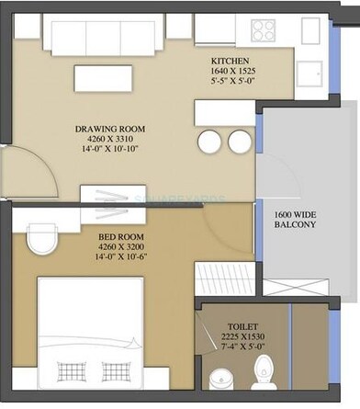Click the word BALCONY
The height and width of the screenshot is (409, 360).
pyautogui.click(x=295, y=224)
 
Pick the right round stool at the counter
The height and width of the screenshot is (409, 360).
pyautogui.click(x=240, y=141)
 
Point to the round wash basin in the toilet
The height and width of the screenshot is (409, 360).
pyautogui.click(x=220, y=379)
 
